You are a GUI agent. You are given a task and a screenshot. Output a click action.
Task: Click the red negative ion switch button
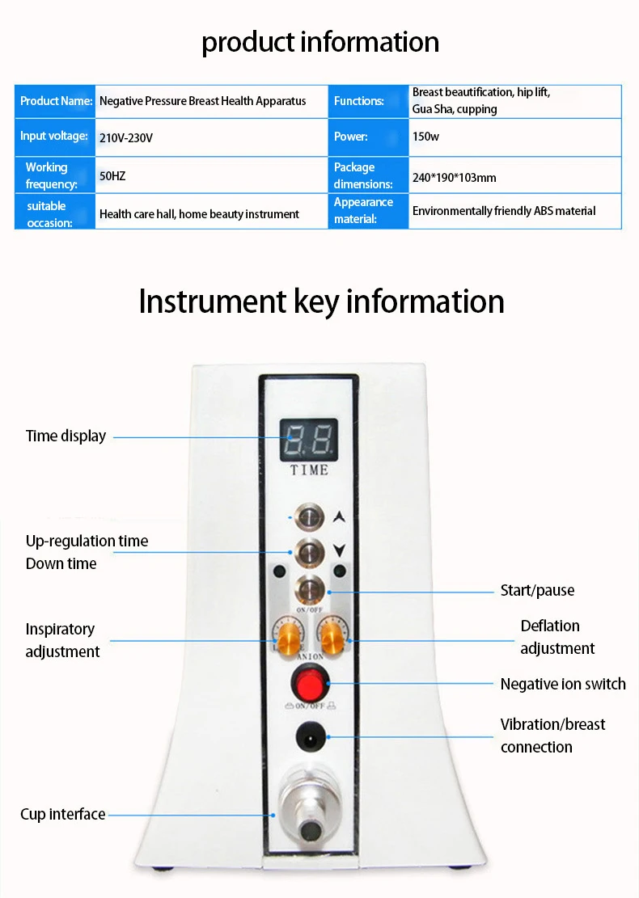coord(310,683)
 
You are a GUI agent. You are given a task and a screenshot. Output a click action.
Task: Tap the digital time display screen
coord(308,439)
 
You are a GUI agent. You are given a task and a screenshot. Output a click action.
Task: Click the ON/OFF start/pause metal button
coord(310,591)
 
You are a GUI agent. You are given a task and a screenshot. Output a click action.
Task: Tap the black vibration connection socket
coord(311,737)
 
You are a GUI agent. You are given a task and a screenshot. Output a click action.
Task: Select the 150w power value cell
coord(514,137)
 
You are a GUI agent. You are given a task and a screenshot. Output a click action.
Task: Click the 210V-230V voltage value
coord(126,138)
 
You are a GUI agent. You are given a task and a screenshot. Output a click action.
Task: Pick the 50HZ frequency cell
coord(211,175)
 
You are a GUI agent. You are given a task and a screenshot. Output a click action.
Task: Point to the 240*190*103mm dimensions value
coord(455,178)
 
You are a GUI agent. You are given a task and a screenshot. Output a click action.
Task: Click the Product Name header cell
coord(55,101)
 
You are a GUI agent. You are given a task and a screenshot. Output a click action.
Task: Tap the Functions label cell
coord(368,101)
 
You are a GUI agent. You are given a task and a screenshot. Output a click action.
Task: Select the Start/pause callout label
coord(537,591)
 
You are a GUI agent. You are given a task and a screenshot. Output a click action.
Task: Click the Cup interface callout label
coord(63,815)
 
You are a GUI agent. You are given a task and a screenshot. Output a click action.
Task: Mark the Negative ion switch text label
coord(563,684)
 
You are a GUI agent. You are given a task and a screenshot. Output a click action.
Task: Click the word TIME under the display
coord(309,470)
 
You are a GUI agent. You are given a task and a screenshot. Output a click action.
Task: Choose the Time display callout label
coord(66,436)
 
